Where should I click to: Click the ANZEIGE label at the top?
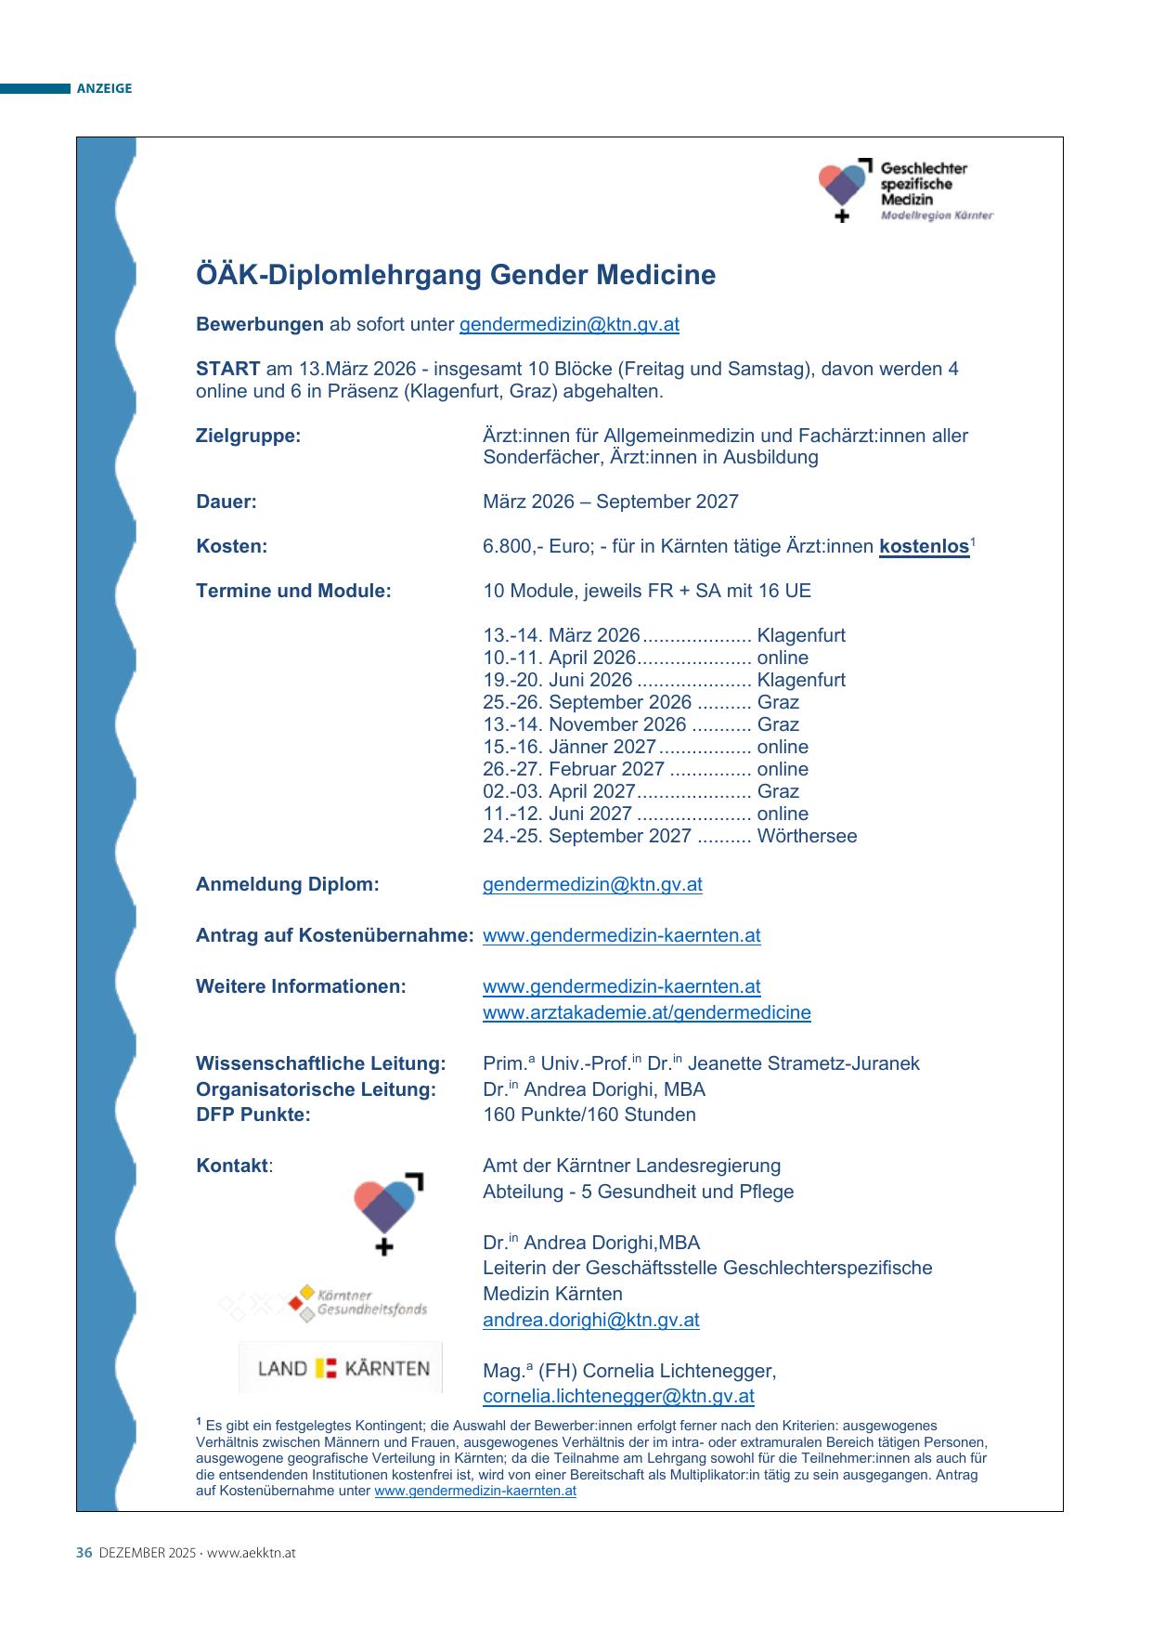(x=104, y=89)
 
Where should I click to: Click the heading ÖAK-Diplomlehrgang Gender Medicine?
(x=456, y=276)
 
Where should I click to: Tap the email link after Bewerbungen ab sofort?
(x=569, y=325)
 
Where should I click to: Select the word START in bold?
(x=227, y=369)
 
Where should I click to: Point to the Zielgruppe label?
(x=248, y=436)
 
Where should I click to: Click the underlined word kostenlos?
(x=924, y=546)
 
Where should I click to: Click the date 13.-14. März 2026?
(x=561, y=636)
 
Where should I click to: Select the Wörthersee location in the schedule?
(x=807, y=836)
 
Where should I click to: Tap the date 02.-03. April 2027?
(x=559, y=791)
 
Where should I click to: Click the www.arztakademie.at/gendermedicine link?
(x=646, y=1013)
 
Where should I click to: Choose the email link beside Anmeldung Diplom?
(x=592, y=885)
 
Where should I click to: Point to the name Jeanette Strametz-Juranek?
(x=804, y=1064)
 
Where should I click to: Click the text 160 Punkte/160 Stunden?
(x=589, y=1115)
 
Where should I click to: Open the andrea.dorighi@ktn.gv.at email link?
(x=590, y=1321)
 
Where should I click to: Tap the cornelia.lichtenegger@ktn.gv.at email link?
(x=618, y=1397)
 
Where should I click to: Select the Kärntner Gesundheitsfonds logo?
(x=357, y=1302)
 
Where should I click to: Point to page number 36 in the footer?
(x=84, y=1553)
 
